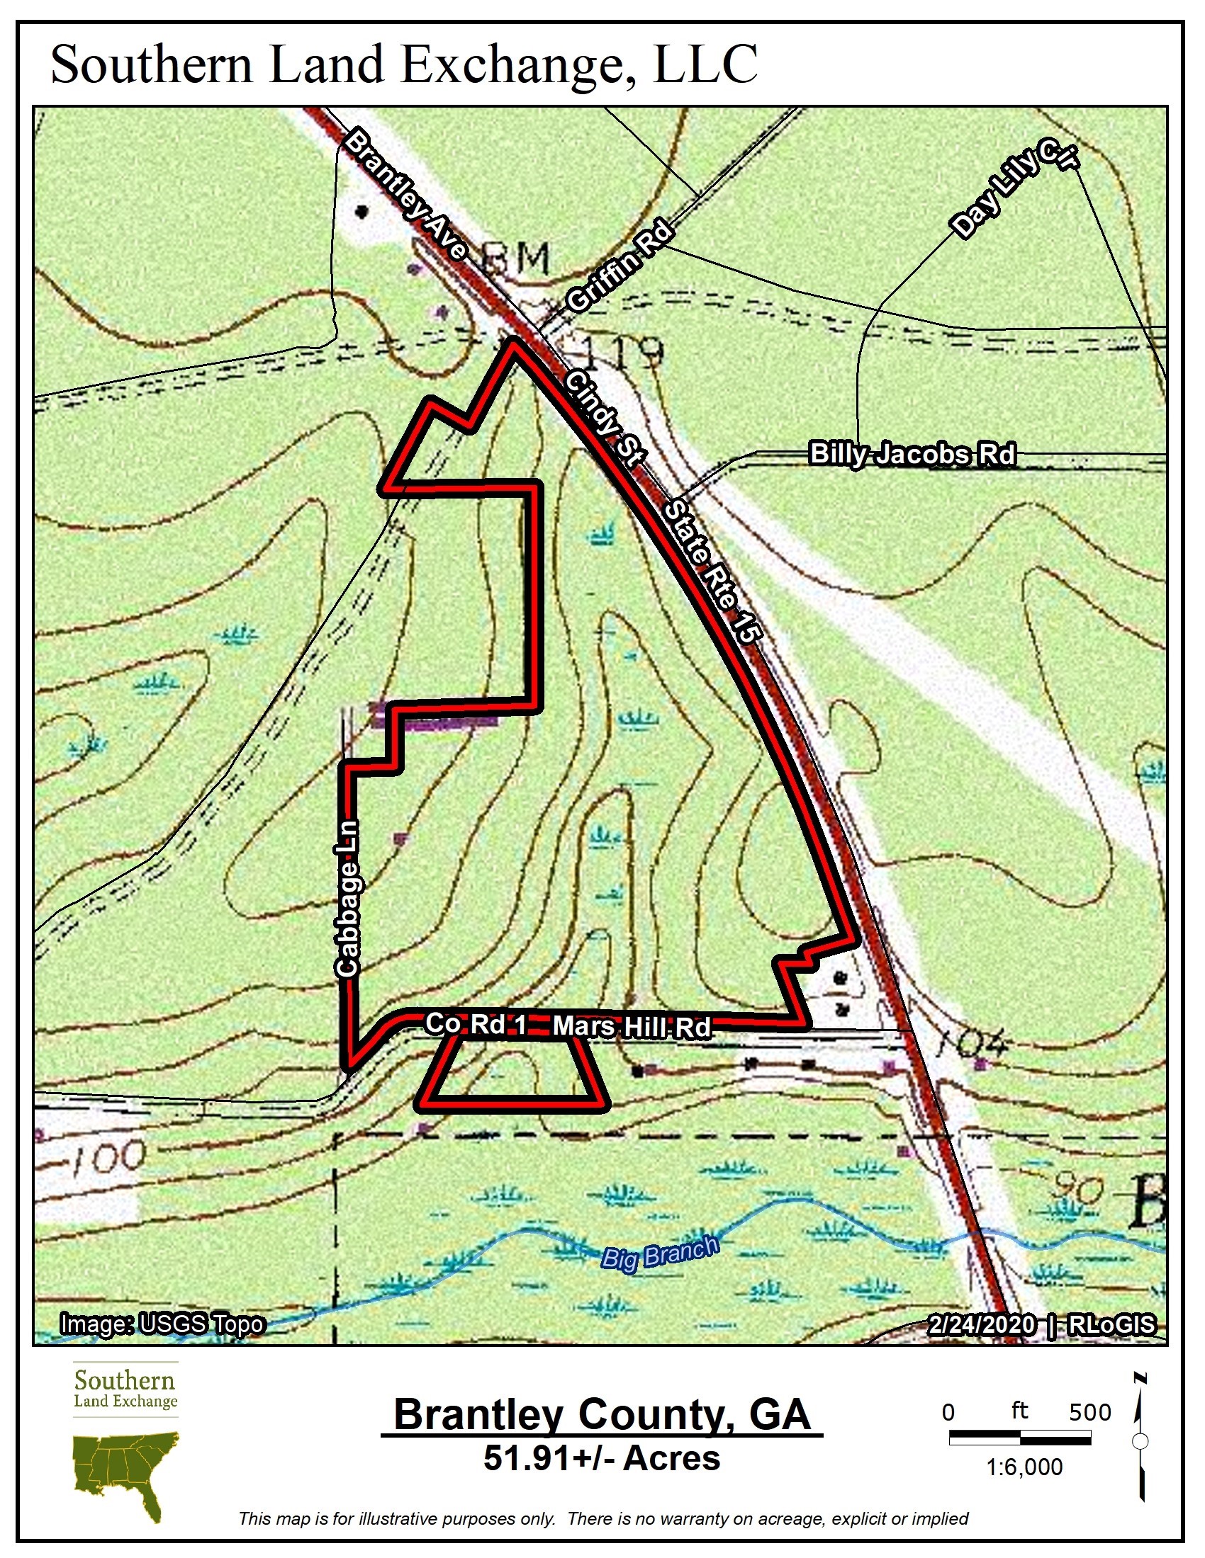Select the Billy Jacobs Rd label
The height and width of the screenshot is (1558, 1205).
(x=912, y=454)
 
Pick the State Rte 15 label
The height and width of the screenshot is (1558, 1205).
(x=708, y=572)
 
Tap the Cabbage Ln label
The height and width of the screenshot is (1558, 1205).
(x=348, y=898)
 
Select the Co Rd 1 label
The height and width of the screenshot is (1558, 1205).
(x=476, y=1024)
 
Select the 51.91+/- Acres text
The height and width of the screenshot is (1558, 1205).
(x=602, y=1458)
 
